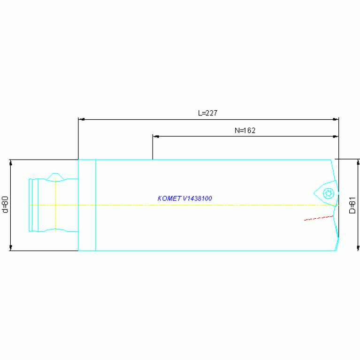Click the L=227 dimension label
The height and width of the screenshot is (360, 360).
[208, 113]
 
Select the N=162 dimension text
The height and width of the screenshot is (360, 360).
[245, 130]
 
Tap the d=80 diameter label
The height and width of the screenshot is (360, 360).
[5, 205]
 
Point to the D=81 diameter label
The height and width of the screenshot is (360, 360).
[352, 205]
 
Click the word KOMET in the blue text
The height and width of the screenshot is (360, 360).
[169, 199]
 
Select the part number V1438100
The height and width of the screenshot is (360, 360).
[197, 199]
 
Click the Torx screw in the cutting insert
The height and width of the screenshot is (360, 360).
[329, 192]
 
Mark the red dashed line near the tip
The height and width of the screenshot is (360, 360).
[318, 218]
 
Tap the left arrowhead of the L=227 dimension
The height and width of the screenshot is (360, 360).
[81, 120]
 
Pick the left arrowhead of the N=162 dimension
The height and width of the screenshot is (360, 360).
[155, 137]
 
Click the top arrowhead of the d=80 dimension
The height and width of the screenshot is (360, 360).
[10, 162]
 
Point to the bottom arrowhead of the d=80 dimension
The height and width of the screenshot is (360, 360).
[10, 248]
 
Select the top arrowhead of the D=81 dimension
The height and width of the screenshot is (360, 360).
[358, 162]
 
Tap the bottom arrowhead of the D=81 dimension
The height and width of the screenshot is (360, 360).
[358, 248]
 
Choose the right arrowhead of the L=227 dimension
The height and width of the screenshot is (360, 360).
[336, 120]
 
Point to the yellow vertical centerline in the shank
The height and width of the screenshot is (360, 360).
[55, 205]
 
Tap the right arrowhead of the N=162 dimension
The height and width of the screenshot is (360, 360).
[336, 137]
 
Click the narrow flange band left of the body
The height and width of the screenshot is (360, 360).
[87, 205]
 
